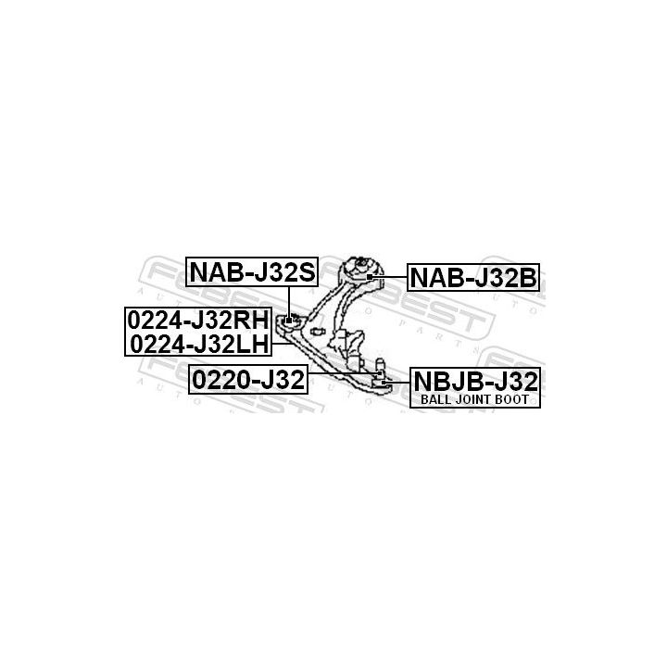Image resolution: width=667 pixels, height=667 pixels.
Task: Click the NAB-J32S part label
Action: (x=252, y=272)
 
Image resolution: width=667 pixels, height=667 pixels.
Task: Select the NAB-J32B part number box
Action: (x=473, y=278)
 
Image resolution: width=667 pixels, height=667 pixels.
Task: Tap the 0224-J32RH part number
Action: (x=198, y=320)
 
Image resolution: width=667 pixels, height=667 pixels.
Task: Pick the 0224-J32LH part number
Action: (x=199, y=344)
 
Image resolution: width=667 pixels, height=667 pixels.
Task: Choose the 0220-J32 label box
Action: (x=248, y=380)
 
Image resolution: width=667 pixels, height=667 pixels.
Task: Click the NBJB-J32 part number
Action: (x=475, y=381)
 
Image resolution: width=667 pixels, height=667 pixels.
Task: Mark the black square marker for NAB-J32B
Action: (x=370, y=277)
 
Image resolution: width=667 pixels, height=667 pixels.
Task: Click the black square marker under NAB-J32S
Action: (x=289, y=320)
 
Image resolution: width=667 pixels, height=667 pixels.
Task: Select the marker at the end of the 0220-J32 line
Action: (x=380, y=373)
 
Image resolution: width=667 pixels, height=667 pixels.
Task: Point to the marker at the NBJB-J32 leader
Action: (x=384, y=383)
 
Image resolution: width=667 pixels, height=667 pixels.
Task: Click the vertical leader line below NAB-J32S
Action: (x=289, y=302)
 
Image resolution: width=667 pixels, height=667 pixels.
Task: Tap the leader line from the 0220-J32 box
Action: (x=343, y=373)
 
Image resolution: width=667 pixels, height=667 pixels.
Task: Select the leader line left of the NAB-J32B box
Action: (x=390, y=277)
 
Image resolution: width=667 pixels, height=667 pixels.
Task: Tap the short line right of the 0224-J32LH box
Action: (x=280, y=343)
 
